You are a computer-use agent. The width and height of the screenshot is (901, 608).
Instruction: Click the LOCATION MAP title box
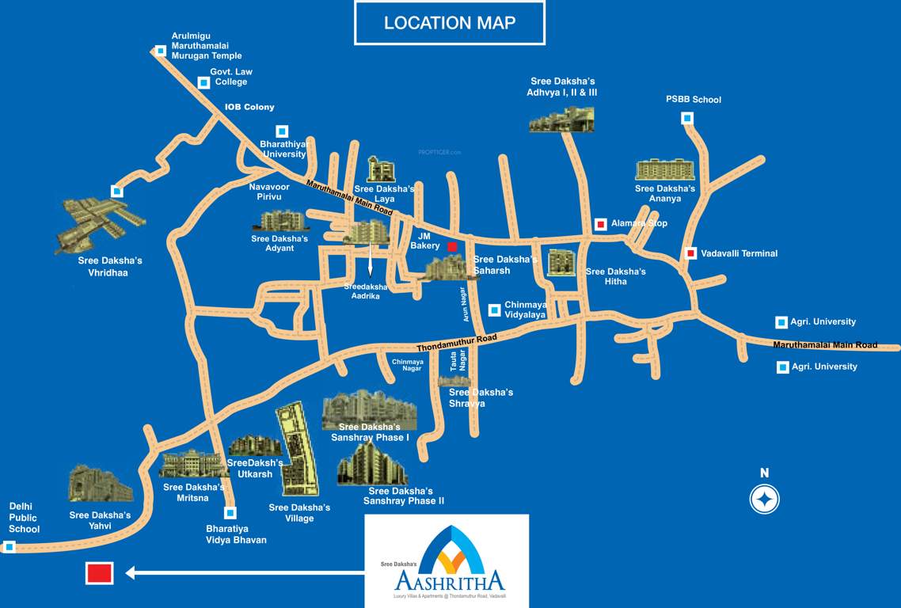(x=449, y=22)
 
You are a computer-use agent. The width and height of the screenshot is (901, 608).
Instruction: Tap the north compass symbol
(x=765, y=499)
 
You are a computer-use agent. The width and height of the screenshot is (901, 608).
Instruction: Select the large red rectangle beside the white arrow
(x=100, y=573)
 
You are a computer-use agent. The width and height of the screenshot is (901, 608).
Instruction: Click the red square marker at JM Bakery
(x=452, y=247)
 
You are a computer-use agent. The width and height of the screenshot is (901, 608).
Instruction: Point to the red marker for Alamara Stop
(x=601, y=224)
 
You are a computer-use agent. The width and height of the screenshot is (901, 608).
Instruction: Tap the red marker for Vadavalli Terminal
(x=690, y=253)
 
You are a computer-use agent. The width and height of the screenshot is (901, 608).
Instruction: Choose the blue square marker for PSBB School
(x=687, y=118)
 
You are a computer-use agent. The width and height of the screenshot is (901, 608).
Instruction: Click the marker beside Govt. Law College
(x=203, y=82)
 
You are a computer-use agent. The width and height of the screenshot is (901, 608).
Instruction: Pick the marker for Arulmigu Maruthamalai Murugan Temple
(x=161, y=51)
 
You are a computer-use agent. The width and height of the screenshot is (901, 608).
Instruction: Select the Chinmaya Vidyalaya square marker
(x=494, y=310)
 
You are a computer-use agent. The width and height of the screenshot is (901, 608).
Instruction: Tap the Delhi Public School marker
(x=10, y=546)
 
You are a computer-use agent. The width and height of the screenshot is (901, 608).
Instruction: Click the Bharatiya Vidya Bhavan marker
(x=230, y=512)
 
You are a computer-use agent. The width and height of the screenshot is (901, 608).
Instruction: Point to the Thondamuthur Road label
(x=457, y=343)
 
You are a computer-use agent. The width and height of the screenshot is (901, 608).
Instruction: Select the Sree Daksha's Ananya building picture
(x=665, y=169)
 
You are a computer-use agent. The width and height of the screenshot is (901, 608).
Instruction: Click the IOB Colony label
(x=249, y=107)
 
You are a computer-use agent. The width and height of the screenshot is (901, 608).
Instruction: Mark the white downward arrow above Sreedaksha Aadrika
(x=371, y=262)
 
